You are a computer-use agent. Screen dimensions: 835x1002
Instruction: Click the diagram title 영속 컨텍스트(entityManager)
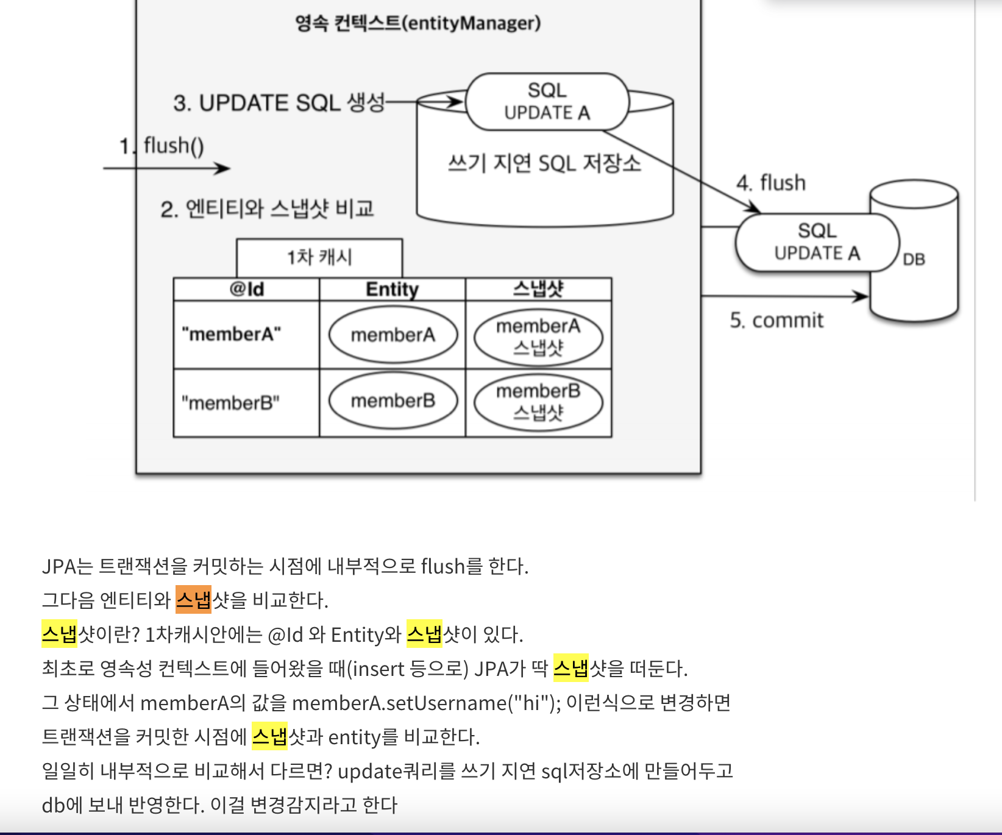point(417,23)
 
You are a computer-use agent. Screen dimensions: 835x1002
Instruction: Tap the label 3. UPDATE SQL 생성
point(279,102)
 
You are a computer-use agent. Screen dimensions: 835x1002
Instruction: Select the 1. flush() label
point(162,146)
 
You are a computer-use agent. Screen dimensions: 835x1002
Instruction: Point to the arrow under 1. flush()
point(166,168)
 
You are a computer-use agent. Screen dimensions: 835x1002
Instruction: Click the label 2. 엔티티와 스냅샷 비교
point(267,209)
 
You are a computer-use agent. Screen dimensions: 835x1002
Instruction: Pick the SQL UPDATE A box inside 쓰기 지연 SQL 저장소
point(547,102)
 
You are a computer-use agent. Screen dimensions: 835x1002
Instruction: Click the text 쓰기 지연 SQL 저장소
point(544,163)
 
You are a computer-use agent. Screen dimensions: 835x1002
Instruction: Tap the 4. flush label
point(771,183)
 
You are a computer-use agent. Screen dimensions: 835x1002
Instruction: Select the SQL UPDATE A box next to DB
point(817,242)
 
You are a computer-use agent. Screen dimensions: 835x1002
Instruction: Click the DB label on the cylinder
point(914,260)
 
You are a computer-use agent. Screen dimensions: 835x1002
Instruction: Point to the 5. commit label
point(776,320)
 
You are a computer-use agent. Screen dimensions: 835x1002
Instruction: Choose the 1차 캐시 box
point(319,257)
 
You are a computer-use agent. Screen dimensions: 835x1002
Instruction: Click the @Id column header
point(246,289)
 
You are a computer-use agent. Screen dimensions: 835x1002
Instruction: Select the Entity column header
point(392,289)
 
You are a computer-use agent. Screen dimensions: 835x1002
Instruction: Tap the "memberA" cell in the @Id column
point(232,335)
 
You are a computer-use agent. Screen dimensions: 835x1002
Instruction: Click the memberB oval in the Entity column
point(393,401)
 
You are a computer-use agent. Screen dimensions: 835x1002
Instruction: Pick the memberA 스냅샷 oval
point(538,336)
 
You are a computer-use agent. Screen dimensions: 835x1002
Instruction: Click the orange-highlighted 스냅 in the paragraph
point(193,600)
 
